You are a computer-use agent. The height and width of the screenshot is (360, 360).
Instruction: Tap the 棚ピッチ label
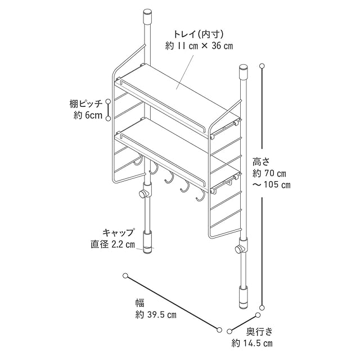pyautogui.click(x=85, y=103)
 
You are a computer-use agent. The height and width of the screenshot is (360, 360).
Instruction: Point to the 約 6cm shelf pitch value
pyautogui.click(x=88, y=116)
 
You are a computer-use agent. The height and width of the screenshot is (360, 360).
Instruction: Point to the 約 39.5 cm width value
pyautogui.click(x=156, y=315)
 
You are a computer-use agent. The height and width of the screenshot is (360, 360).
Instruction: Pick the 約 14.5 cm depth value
pyautogui.click(x=253, y=343)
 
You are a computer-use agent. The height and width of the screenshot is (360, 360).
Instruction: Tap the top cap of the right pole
pyautogui.click(x=244, y=72)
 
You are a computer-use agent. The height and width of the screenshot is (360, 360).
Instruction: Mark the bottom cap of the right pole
pyautogui.click(x=243, y=297)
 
